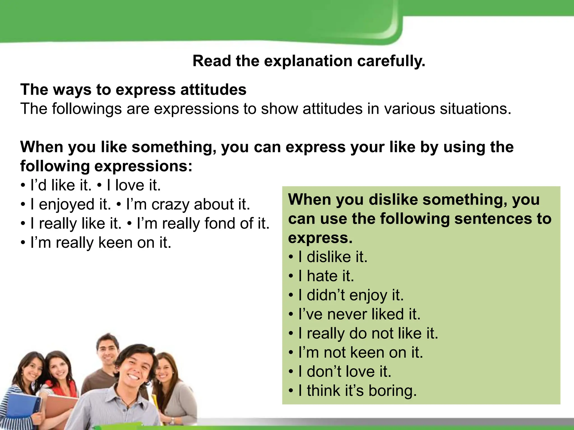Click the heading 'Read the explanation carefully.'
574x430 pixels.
309,61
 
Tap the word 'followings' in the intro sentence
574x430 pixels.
87,109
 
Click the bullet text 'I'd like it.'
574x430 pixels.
61,185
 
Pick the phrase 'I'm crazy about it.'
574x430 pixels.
188,204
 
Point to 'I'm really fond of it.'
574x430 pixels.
203,223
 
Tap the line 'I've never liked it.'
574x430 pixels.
359,314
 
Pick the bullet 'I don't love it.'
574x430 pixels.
344,371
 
